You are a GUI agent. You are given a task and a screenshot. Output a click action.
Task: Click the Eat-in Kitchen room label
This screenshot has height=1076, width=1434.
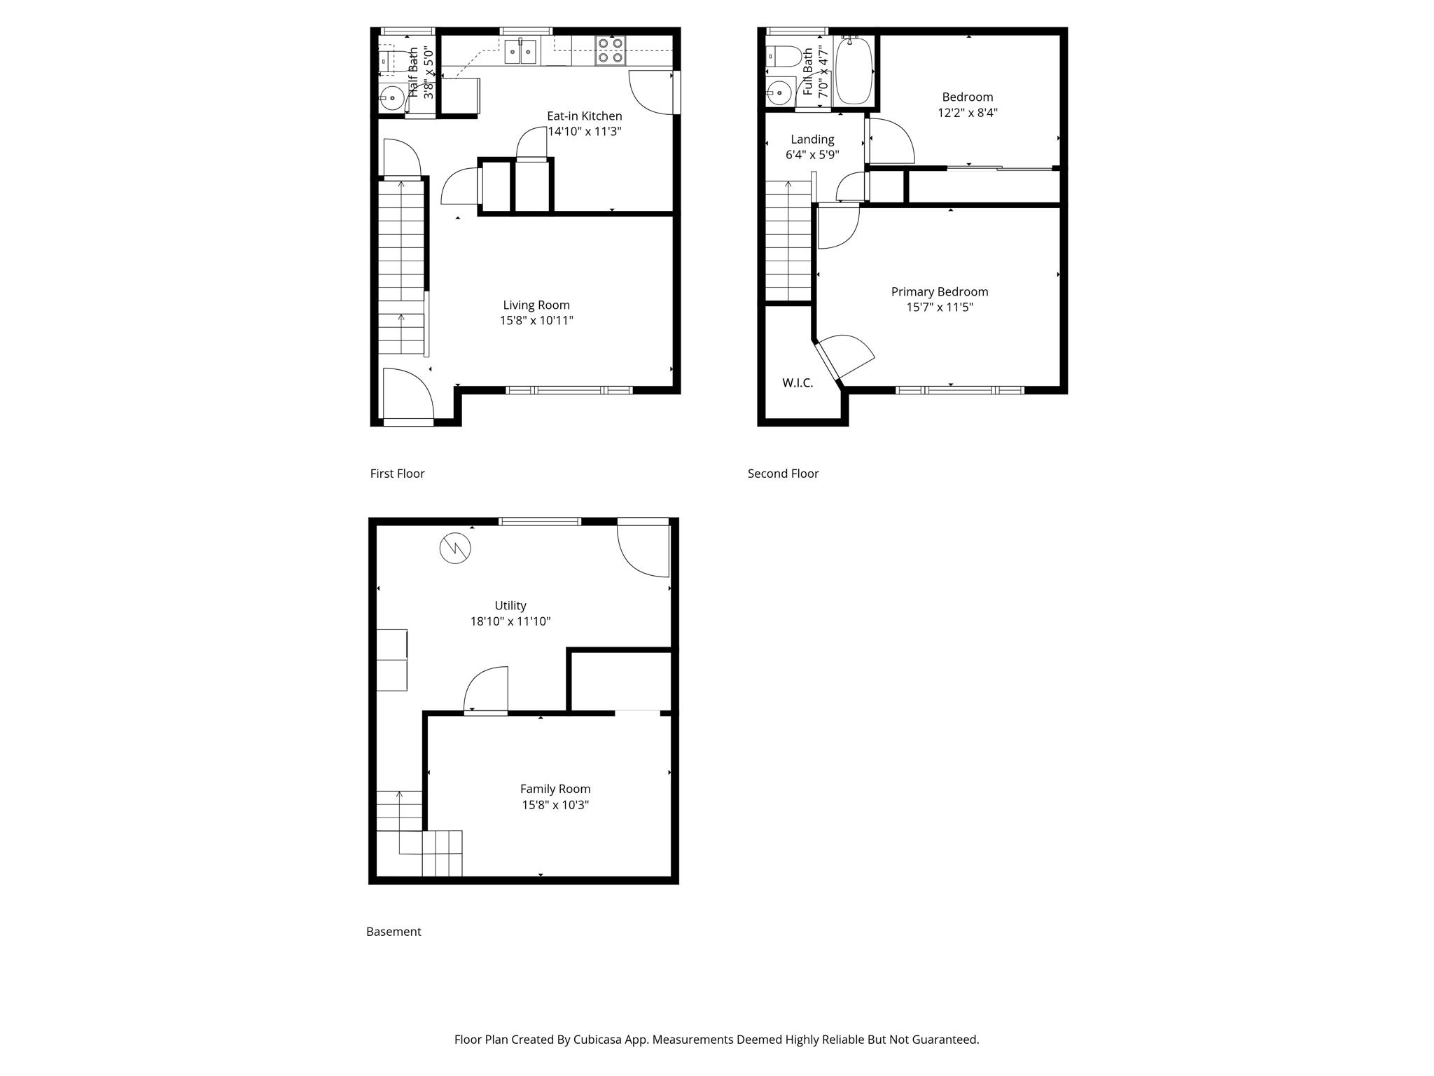coord(584,116)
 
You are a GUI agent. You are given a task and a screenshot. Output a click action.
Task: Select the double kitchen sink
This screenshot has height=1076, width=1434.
coord(520,51)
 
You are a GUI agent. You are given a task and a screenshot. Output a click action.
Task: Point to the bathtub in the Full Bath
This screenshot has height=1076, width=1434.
coord(854,70)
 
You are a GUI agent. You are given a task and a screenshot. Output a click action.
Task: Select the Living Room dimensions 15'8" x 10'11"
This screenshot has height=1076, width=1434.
coord(536,321)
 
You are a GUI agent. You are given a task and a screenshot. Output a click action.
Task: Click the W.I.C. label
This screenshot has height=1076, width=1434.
coord(798,383)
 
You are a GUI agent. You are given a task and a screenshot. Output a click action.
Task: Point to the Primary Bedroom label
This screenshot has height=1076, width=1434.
coord(940,292)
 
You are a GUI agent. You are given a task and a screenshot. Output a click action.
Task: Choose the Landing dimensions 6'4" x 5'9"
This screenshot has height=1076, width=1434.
coord(812,155)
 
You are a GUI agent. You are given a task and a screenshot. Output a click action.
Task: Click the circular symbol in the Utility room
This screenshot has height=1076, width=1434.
coord(455,549)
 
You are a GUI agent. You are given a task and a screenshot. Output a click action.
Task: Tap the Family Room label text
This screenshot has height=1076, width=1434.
coord(555,789)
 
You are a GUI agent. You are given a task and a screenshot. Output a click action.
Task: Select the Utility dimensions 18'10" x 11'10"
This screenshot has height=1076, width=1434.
coord(510,621)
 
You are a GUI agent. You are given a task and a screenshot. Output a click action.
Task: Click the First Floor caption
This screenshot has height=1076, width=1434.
coord(397,474)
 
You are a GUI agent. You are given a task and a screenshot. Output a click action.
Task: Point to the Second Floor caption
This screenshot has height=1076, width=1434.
coord(783,474)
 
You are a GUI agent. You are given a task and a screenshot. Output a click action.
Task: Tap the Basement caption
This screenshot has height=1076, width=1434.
coord(394,932)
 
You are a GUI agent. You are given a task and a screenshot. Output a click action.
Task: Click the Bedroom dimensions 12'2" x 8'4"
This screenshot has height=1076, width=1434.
coord(968,113)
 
